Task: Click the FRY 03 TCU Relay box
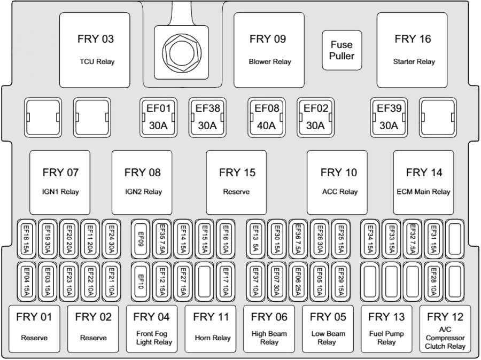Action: click(x=95, y=50)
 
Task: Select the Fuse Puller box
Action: click(x=342, y=50)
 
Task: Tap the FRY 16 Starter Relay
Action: click(x=412, y=50)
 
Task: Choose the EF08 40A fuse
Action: click(x=266, y=117)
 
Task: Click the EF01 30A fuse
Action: click(x=158, y=117)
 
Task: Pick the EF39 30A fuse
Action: click(x=389, y=117)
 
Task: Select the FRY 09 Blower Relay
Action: click(x=269, y=50)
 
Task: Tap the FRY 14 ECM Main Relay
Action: click(x=423, y=183)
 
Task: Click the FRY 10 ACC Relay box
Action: click(x=337, y=183)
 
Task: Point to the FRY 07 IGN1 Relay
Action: click(x=60, y=183)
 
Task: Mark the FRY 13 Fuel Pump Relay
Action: click(x=386, y=328)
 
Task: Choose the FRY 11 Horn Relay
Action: click(x=211, y=328)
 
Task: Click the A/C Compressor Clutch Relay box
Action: click(x=445, y=328)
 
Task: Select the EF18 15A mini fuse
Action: click(x=26, y=239)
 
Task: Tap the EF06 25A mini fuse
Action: click(x=298, y=282)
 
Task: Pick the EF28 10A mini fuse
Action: click(x=433, y=282)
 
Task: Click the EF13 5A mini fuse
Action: click(x=255, y=239)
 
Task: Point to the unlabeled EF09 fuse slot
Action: click(x=141, y=239)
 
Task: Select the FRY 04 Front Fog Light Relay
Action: click(x=152, y=328)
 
